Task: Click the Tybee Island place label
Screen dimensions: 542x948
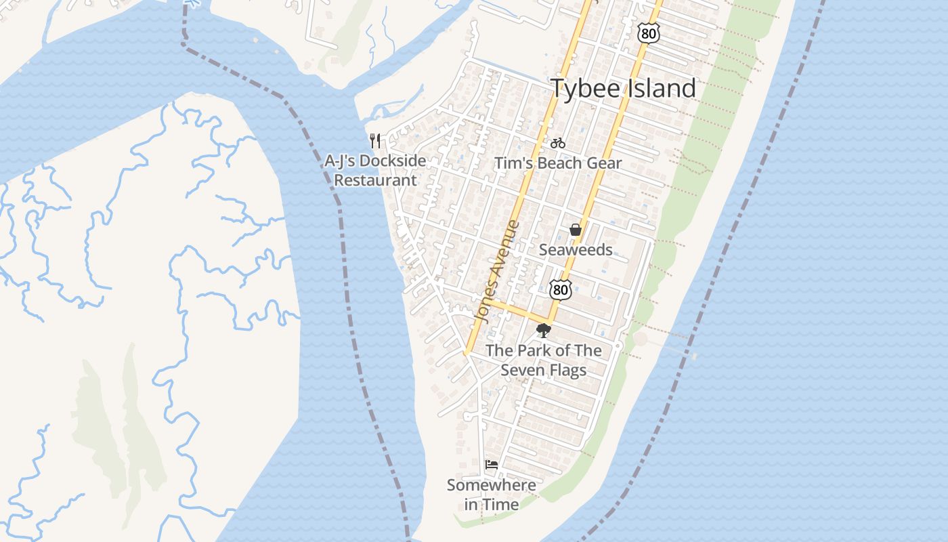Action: tap(623, 89)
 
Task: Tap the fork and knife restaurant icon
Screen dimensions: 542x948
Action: tap(376, 141)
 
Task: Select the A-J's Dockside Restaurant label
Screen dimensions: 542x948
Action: tap(376, 171)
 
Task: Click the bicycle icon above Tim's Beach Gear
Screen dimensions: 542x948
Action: tap(558, 143)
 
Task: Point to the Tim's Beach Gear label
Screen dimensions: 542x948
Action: tap(558, 163)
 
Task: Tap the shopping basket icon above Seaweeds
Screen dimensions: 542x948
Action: tap(576, 230)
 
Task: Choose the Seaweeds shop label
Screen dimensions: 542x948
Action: tap(576, 250)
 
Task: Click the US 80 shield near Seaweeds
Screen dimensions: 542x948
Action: tap(560, 290)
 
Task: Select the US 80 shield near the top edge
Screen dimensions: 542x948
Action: tap(648, 33)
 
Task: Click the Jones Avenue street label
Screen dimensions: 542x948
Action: tap(498, 271)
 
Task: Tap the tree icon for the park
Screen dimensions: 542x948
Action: tap(543, 331)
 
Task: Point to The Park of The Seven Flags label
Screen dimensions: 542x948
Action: tap(544, 360)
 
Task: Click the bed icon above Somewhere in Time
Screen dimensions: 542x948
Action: tap(492, 465)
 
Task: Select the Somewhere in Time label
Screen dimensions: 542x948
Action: tap(492, 495)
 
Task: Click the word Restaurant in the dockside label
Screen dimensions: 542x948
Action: tap(376, 181)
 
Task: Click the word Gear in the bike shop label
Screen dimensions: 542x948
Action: tap(604, 163)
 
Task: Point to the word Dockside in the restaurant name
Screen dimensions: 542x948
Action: tap(393, 161)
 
